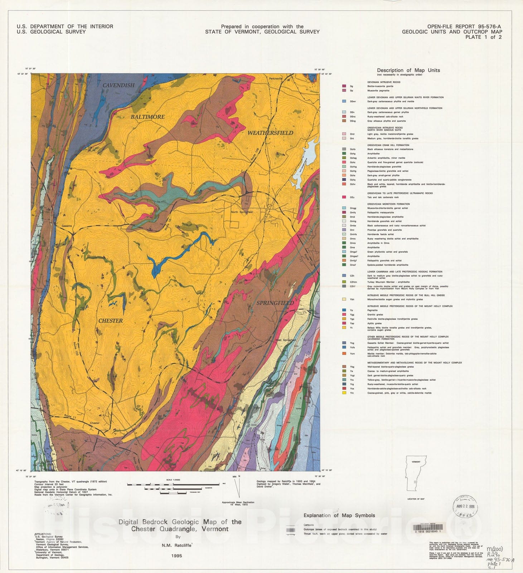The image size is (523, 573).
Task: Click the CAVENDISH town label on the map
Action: pos(118,85)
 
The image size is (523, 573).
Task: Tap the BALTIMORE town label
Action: pos(147,117)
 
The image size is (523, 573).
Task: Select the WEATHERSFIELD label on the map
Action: pos(270,133)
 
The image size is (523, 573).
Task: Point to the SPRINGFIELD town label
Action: pos(275,303)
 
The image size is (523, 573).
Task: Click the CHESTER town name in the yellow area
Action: pos(110,321)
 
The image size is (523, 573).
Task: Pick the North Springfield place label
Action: pos(242,212)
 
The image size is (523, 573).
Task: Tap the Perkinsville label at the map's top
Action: pos(276,78)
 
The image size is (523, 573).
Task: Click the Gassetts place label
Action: pos(67,226)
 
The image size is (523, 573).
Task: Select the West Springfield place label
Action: pos(285,340)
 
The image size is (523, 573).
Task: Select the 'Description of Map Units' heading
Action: pos(408,70)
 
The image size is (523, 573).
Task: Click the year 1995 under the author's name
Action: pos(176,556)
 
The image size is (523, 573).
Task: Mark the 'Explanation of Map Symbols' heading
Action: pos(339,515)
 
